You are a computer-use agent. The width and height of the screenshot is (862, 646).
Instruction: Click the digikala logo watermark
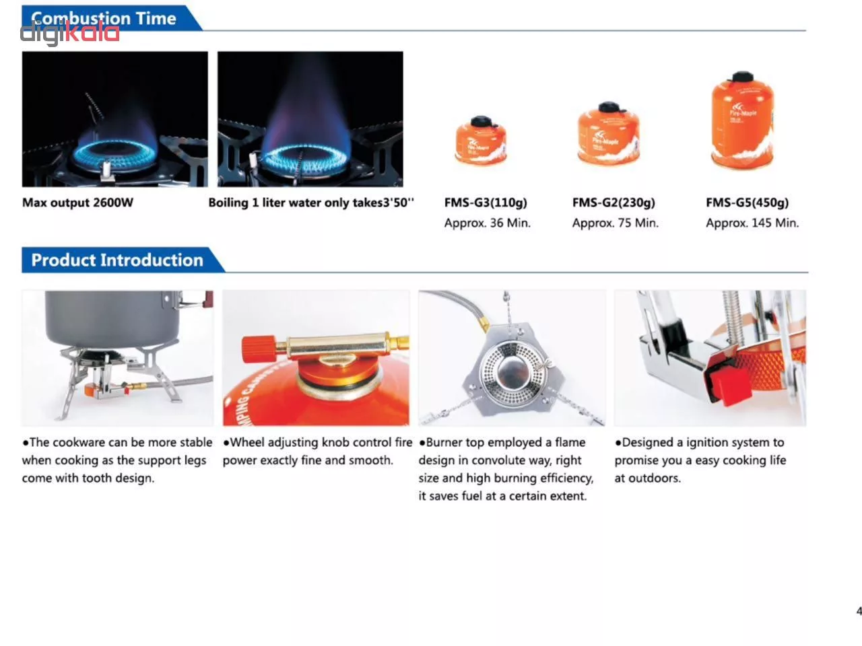click(69, 33)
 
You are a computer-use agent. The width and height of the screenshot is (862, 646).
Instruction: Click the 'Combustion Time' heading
click(104, 18)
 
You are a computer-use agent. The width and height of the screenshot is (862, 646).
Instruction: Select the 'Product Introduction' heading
click(117, 260)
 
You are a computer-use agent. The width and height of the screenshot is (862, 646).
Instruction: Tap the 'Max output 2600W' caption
click(77, 203)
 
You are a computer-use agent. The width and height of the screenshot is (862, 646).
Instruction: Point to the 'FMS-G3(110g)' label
click(486, 203)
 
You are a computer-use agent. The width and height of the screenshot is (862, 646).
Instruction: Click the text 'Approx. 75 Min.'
click(615, 223)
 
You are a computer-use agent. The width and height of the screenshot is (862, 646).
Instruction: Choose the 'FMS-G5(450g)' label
click(747, 203)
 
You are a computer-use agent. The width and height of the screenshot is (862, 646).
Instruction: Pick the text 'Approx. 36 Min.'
click(488, 223)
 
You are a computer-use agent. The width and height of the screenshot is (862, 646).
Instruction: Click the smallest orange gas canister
click(481, 140)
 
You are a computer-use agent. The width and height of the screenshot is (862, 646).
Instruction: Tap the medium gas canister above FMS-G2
click(609, 133)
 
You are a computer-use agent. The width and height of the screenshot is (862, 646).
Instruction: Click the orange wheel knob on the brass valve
click(259, 349)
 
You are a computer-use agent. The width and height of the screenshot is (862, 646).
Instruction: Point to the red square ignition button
click(729, 386)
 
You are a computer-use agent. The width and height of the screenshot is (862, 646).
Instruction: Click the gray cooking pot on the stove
click(113, 318)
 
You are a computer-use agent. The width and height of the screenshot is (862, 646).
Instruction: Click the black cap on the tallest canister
click(742, 77)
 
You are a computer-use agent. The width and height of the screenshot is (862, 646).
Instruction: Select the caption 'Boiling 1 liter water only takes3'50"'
click(311, 203)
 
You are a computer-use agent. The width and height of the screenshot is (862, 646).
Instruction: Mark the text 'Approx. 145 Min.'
click(752, 223)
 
